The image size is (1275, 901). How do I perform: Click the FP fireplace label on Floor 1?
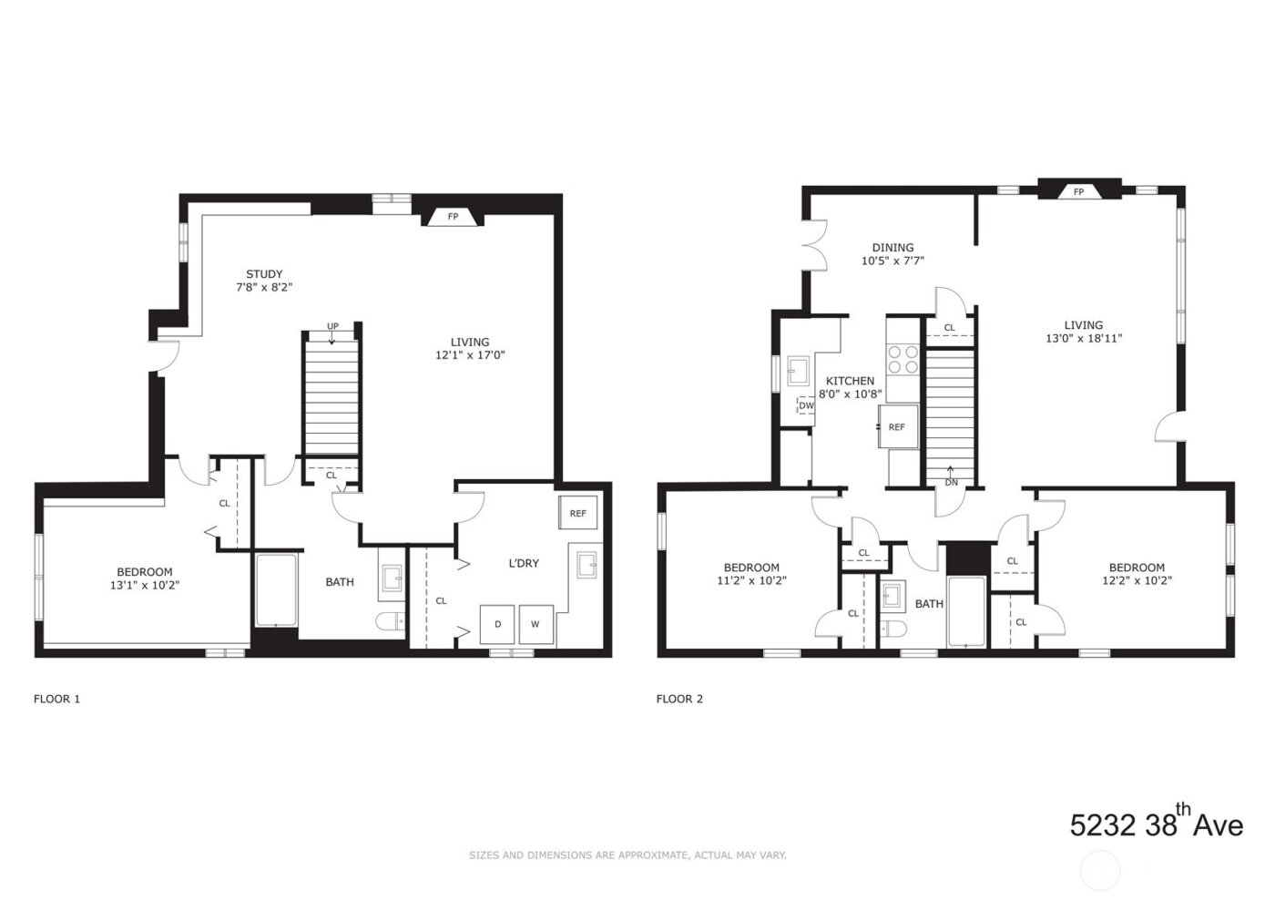[x=453, y=217]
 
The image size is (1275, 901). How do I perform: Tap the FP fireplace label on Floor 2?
[x=1078, y=191]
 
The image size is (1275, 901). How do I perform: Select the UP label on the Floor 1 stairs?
[x=332, y=326]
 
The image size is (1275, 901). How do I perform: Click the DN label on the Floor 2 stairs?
[x=951, y=482]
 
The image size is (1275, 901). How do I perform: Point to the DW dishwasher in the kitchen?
[x=806, y=405]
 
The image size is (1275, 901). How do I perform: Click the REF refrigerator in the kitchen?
[x=896, y=426]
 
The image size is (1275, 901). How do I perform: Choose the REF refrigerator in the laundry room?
[x=578, y=513]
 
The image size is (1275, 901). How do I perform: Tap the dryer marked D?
[x=497, y=624]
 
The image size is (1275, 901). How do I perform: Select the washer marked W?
[x=535, y=624]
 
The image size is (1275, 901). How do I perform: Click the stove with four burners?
[x=903, y=359]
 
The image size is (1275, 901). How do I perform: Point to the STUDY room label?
[x=264, y=274]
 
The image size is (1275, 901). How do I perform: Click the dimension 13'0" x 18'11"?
[x=1084, y=338]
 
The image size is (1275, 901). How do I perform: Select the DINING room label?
[x=892, y=248]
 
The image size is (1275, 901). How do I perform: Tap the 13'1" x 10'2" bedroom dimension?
[x=145, y=586]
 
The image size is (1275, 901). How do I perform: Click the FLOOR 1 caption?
[x=56, y=699]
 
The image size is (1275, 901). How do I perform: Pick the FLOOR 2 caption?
[x=679, y=699]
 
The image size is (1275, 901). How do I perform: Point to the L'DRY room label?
[x=523, y=563]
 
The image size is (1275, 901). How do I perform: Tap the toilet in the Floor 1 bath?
[x=391, y=622]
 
